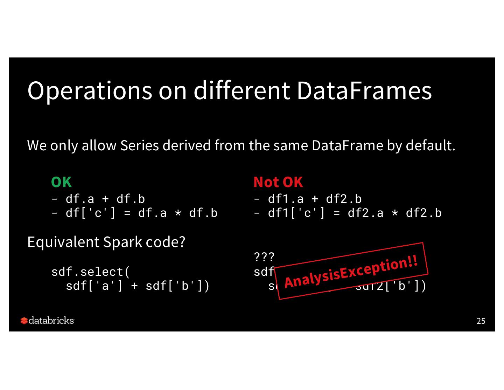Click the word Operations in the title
(90, 91)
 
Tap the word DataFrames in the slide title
(364, 91)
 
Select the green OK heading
(61, 182)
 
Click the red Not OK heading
(278, 182)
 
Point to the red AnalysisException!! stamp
(351, 271)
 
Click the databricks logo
(47, 321)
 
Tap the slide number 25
(481, 321)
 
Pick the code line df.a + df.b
(105, 199)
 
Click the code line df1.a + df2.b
(314, 199)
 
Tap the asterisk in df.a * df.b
(178, 213)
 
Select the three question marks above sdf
(264, 257)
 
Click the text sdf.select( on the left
(91, 272)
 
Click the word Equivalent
(63, 242)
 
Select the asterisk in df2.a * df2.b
(395, 213)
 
